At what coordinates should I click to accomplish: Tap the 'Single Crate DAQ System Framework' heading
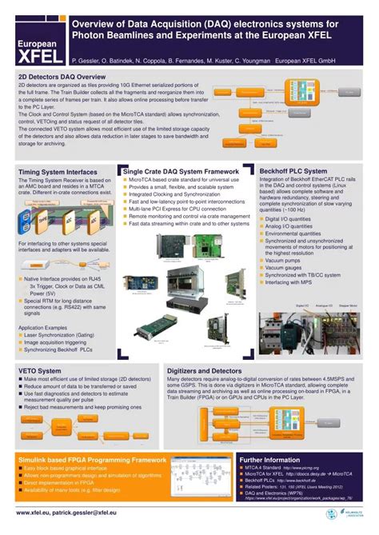click(x=181, y=171)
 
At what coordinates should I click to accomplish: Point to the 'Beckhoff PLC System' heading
click(x=293, y=171)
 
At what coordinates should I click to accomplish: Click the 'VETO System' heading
click(x=40, y=370)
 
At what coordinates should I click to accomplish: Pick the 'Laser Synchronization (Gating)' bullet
click(x=64, y=313)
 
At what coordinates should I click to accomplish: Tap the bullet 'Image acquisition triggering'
click(x=62, y=321)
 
